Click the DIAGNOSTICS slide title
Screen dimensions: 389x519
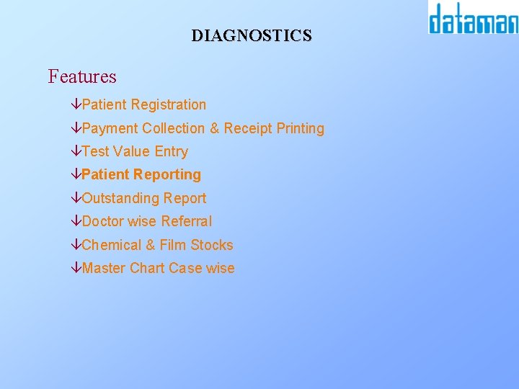click(252, 35)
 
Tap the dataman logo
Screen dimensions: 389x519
click(473, 19)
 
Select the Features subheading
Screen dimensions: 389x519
click(82, 76)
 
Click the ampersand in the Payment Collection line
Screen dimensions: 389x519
click(214, 128)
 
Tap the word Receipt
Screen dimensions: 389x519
click(248, 129)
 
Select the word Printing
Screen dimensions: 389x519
click(301, 129)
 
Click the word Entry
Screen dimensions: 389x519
click(172, 152)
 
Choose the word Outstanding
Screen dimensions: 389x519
click(120, 198)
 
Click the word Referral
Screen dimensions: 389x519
click(187, 221)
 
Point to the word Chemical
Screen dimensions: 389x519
click(112, 245)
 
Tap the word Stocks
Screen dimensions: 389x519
click(212, 245)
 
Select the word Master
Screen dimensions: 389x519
click(104, 268)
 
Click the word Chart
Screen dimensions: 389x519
click(147, 268)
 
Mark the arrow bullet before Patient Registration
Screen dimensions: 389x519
click(76, 105)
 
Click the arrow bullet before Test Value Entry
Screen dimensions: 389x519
click(76, 152)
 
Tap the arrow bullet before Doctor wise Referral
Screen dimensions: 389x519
click(76, 222)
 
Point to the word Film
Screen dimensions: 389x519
click(173, 245)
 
